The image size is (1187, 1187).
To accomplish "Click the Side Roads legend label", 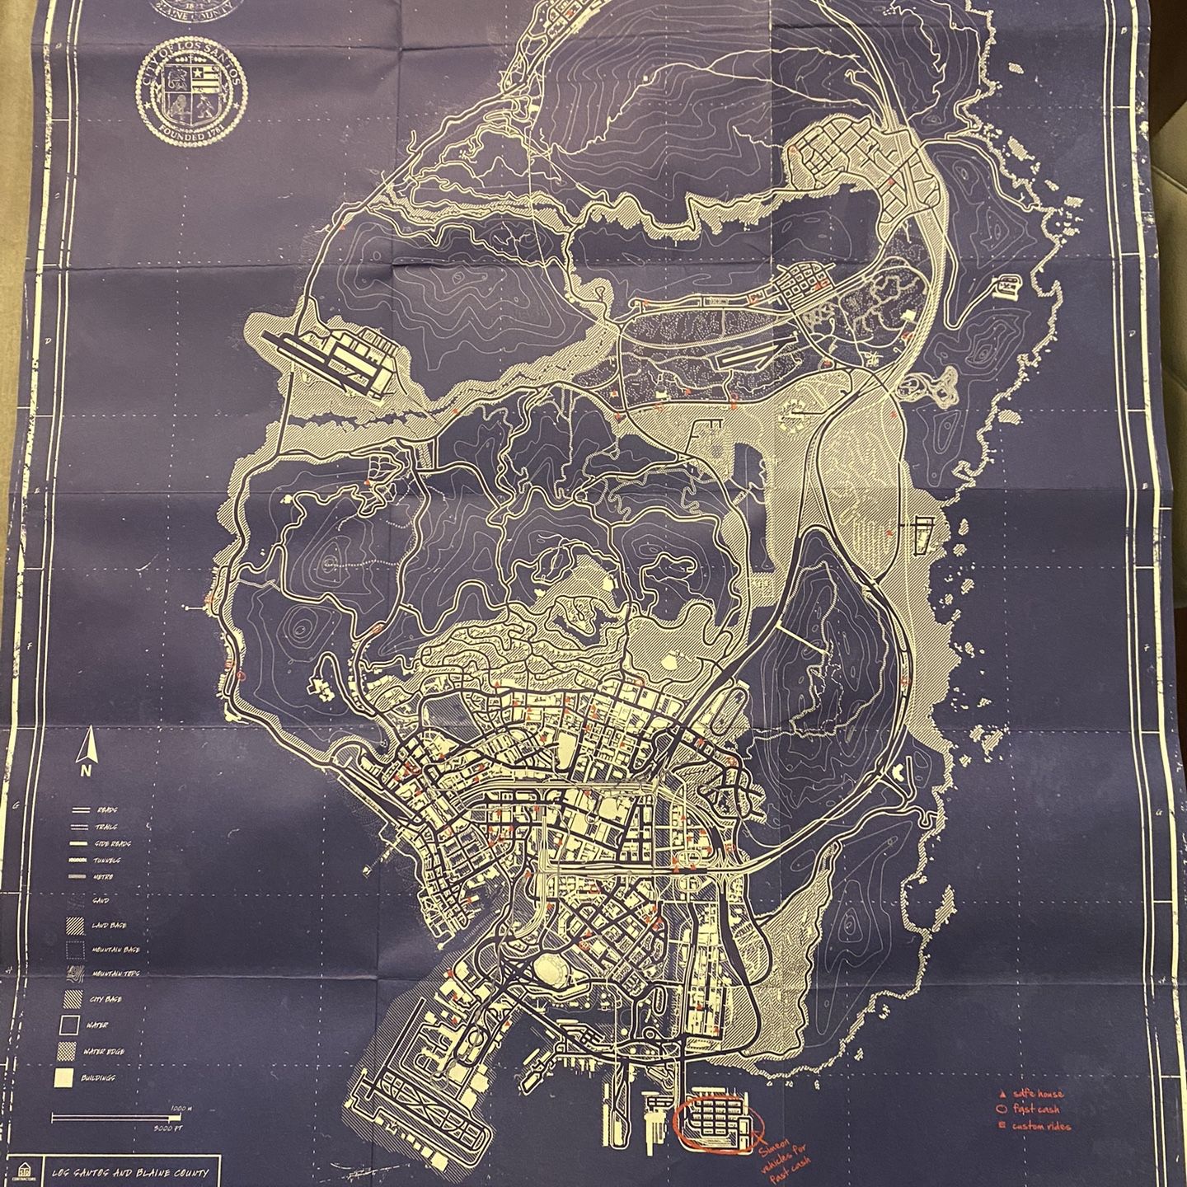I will [x=114, y=844].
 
